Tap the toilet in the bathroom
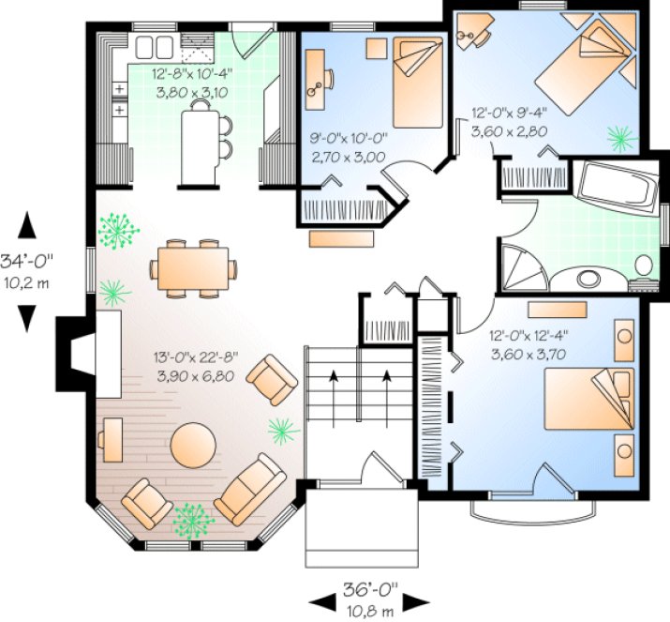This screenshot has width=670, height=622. (644, 267)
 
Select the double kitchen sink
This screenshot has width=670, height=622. (154, 47)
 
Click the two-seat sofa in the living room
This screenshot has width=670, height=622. (250, 489)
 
